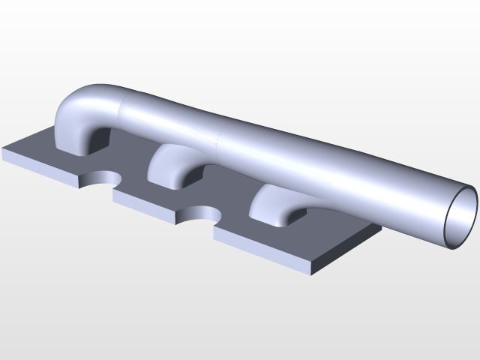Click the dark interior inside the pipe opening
pos(461,214)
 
